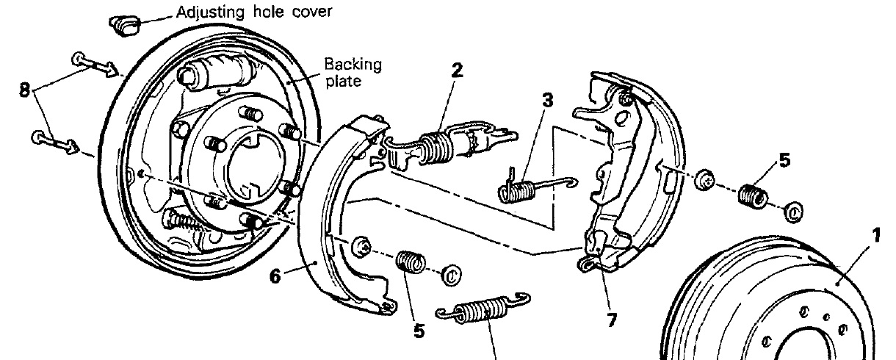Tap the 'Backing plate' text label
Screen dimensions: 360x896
coord(353,72)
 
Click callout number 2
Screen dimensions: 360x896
coord(457,71)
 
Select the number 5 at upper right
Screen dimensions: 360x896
coord(785,159)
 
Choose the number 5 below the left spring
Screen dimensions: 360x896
coord(419,331)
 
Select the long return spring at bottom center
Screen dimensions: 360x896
coord(482,311)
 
